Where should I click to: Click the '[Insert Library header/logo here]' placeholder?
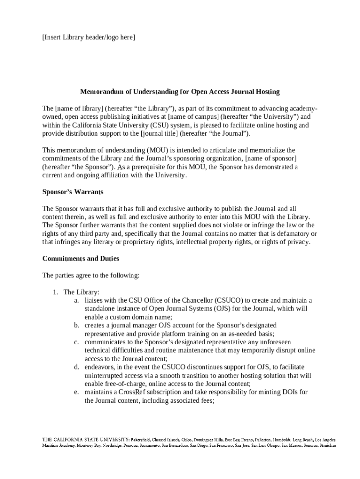coord(88,37)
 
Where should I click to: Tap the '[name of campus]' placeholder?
coord(192,117)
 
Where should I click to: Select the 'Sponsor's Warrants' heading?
coord(72,192)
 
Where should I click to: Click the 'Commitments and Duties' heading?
coord(81,258)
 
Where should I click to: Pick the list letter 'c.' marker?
coord(76,342)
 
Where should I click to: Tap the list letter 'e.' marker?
coord(76,392)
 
